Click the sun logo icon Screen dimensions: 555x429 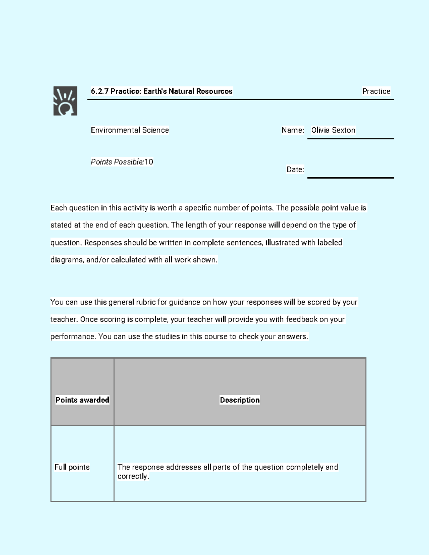click(x=65, y=101)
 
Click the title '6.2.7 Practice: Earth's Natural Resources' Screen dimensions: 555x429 click(x=161, y=91)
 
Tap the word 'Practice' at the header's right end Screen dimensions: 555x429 click(x=376, y=91)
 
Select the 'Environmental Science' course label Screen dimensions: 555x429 click(x=130, y=130)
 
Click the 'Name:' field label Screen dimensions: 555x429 click(x=293, y=130)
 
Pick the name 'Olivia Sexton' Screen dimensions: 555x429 click(x=333, y=130)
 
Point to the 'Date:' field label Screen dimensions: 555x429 click(x=295, y=169)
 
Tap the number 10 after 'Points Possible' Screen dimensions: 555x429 click(x=149, y=162)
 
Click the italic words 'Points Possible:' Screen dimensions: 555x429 click(x=117, y=162)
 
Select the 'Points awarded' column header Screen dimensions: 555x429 click(x=82, y=400)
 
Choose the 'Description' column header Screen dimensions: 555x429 click(x=240, y=400)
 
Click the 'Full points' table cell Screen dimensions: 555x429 click(x=72, y=467)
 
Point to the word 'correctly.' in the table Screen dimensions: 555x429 click(x=133, y=476)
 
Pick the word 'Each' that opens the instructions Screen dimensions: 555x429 click(x=59, y=208)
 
